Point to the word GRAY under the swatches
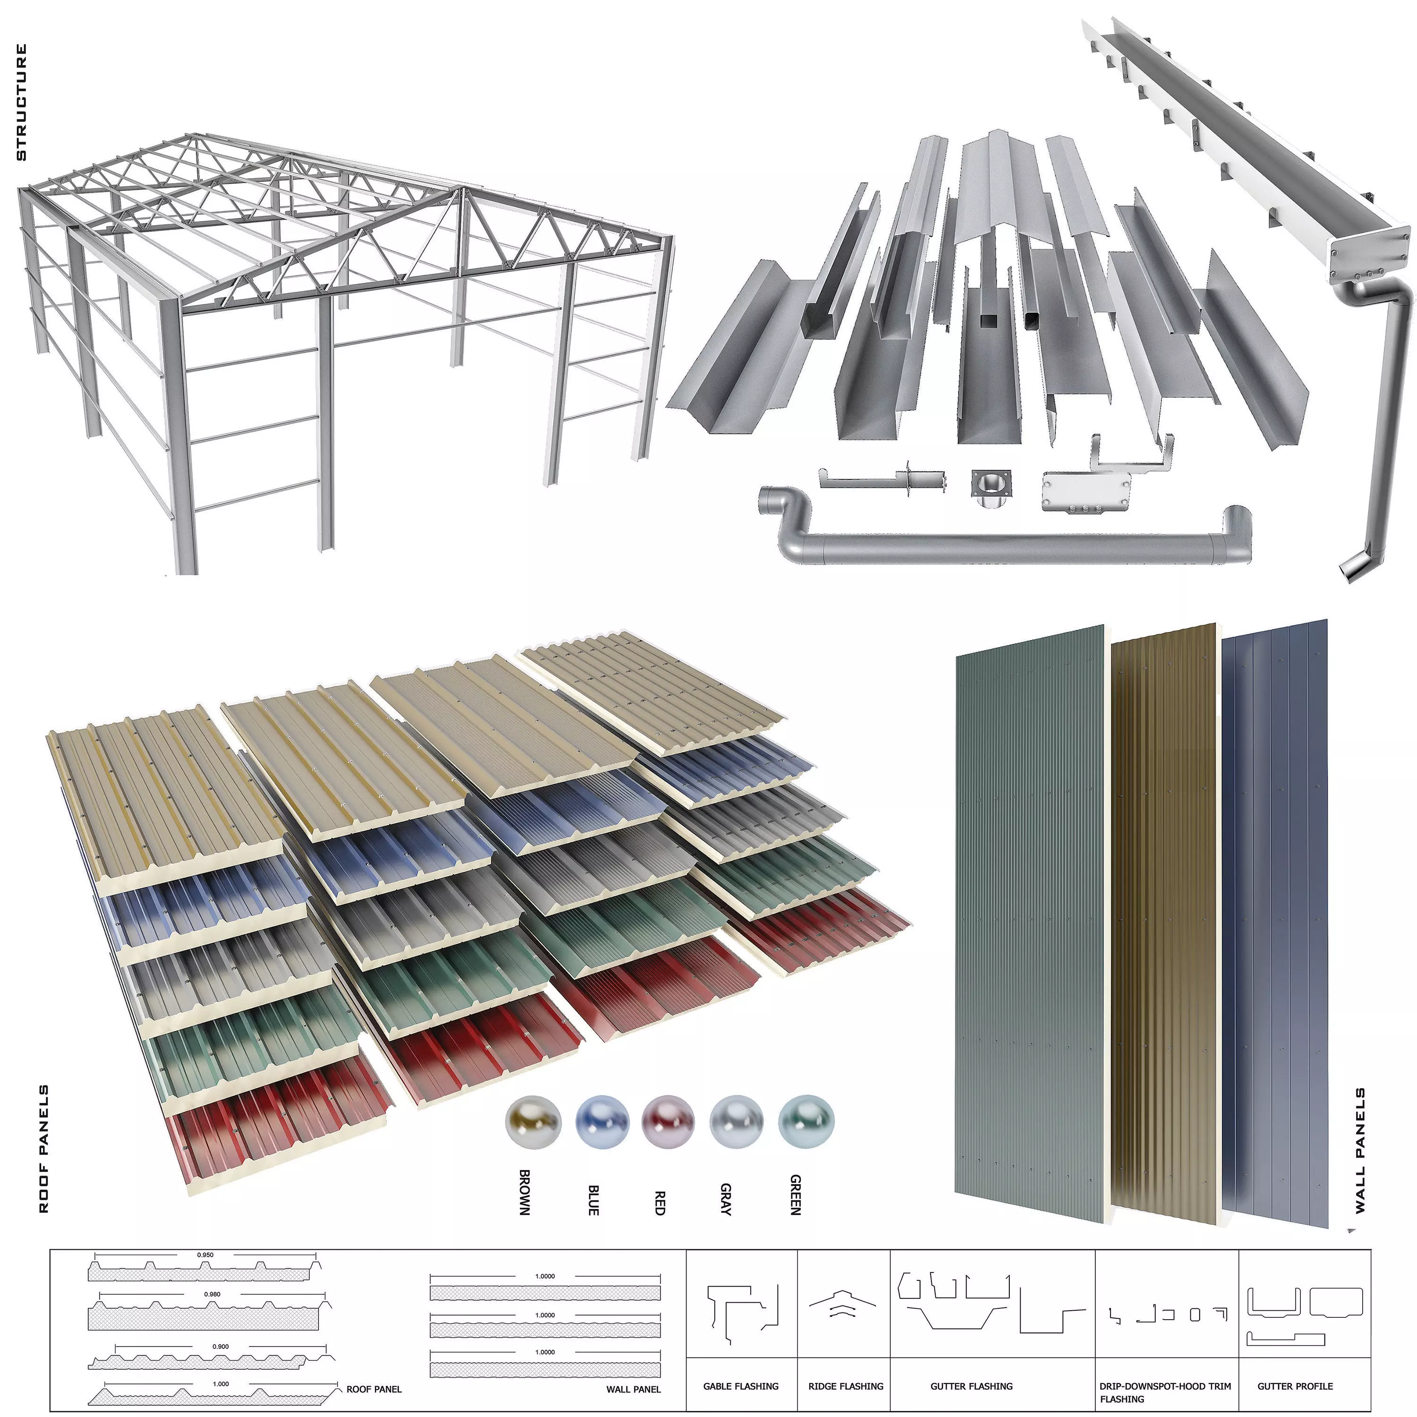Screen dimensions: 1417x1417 click(x=726, y=1199)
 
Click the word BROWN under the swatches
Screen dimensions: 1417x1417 click(x=524, y=1192)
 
